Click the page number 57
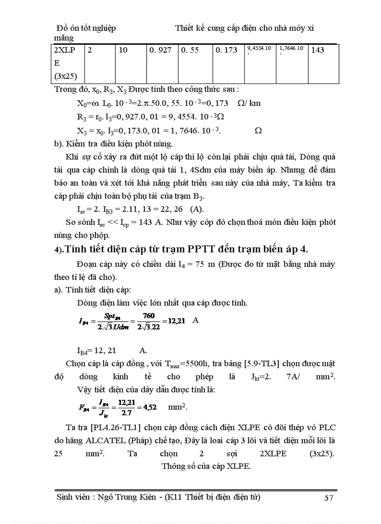tap(328, 498)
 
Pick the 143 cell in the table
tap(317, 50)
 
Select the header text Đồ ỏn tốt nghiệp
tap(86, 28)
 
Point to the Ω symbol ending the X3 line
tap(258, 131)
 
